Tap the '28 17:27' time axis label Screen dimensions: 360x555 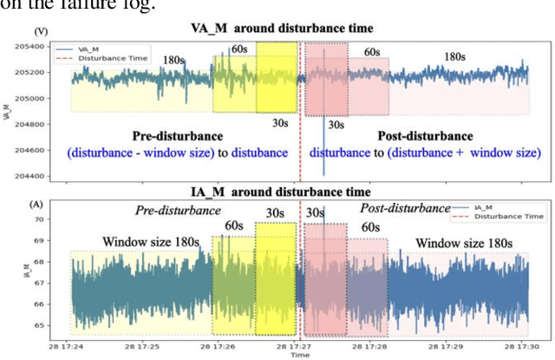[x=299, y=345]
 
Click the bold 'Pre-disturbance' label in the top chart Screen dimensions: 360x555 [x=177, y=136]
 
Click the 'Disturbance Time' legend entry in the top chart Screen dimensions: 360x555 [x=117, y=58]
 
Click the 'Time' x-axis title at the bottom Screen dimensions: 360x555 [x=299, y=355]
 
